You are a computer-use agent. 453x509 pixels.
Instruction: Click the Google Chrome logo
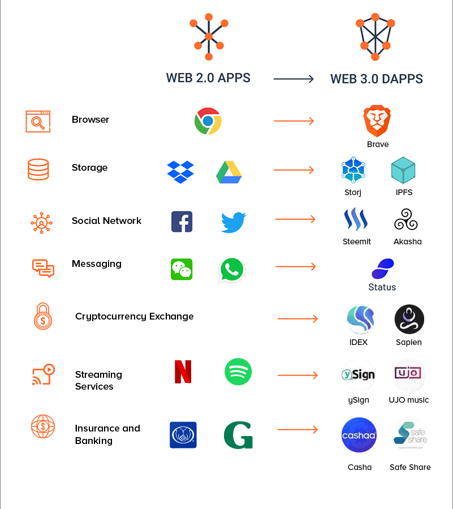(208, 121)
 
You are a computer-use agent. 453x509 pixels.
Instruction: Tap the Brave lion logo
(377, 120)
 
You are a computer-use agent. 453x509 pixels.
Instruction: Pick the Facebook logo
(182, 222)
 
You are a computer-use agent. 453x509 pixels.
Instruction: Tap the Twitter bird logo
(234, 222)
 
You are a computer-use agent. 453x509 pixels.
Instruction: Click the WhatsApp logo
(232, 270)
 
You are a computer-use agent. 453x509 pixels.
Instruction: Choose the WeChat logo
(182, 269)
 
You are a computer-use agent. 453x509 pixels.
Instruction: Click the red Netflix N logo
(183, 372)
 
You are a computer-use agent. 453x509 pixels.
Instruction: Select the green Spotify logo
(238, 372)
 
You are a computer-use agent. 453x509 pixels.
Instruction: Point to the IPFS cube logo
(403, 170)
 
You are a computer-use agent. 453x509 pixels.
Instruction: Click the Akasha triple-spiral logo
(406, 220)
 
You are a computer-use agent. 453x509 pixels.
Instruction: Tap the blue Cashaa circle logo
(359, 435)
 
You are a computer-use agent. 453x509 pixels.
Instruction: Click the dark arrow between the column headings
(294, 79)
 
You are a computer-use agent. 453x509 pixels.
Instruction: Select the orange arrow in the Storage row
(294, 170)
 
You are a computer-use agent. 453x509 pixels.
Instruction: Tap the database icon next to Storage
(38, 169)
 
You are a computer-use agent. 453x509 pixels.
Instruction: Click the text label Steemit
(357, 241)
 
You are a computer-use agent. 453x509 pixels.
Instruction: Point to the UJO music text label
(409, 400)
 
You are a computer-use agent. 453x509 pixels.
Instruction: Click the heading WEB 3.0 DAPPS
(377, 79)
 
